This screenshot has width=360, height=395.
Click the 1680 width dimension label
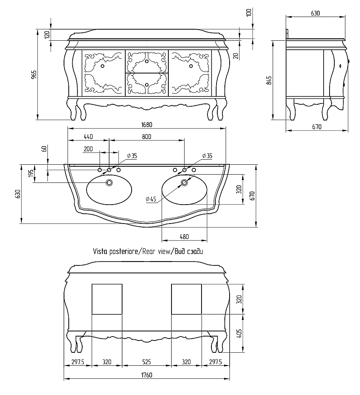(147, 125)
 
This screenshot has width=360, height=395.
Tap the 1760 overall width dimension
(147, 375)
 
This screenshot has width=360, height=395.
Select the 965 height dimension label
(34, 75)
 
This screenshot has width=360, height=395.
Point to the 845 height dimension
(269, 80)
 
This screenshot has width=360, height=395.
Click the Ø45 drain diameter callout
(151, 199)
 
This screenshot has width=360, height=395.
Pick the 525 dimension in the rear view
(147, 362)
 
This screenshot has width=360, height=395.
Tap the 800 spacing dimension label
(147, 137)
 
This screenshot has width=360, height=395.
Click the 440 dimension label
(88, 137)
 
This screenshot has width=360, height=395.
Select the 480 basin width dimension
(184, 237)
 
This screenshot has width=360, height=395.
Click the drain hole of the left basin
(109, 182)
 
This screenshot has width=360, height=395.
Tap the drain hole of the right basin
(184, 182)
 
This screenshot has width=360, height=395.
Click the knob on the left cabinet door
(102, 66)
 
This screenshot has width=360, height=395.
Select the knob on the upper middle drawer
(147, 61)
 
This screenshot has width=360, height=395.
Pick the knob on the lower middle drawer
(147, 84)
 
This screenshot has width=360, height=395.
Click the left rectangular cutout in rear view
(107, 299)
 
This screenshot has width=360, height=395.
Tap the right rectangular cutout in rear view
(187, 299)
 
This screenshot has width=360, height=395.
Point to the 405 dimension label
(239, 333)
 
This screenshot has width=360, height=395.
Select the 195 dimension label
(31, 173)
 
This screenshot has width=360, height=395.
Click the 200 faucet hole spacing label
(88, 149)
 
